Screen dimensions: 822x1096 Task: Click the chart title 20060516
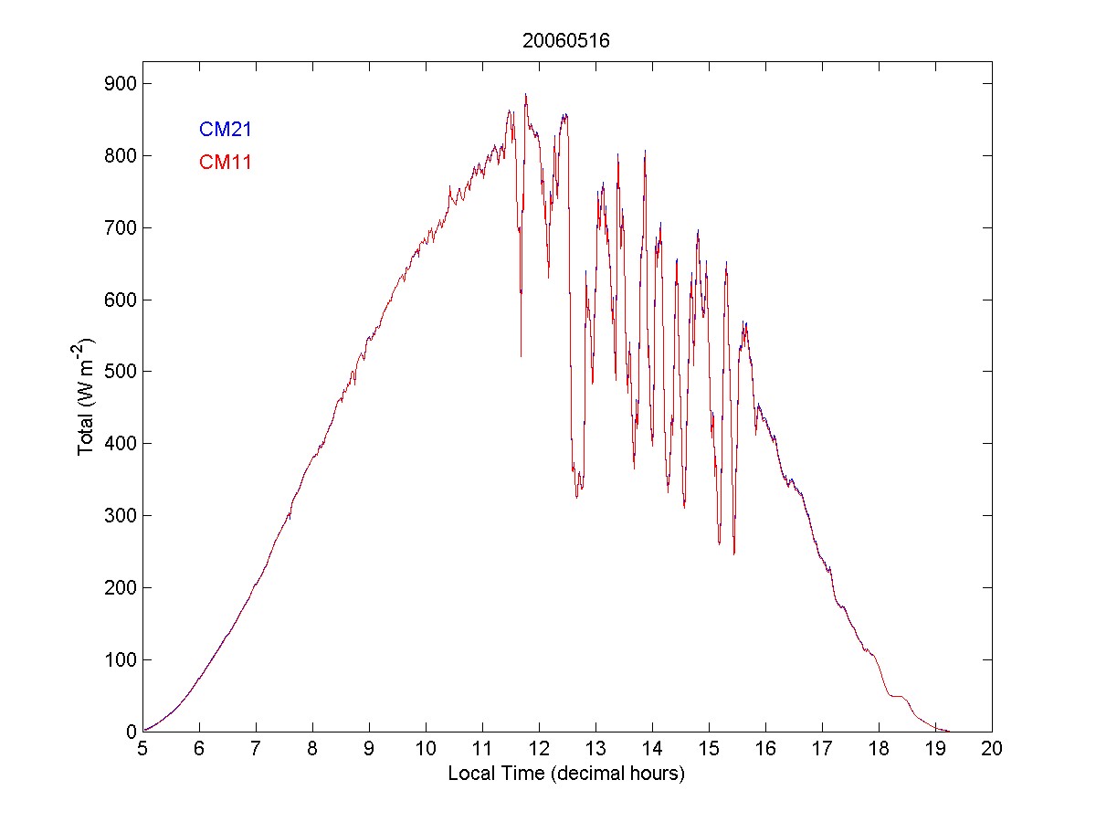(566, 41)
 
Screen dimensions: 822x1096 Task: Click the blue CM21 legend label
(226, 130)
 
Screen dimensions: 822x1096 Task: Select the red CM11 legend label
(226, 163)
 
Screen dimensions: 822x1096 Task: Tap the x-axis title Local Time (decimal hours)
(566, 775)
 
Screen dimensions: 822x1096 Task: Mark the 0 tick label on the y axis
(129, 732)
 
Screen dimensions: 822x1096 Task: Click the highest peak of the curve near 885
(526, 94)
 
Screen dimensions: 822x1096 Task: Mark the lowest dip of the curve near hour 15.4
(733, 553)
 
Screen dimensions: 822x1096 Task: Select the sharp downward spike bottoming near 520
(521, 355)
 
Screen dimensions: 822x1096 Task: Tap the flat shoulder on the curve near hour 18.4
(899, 697)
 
